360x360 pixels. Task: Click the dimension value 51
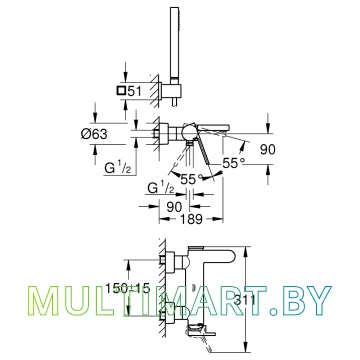pyautogui.click(x=135, y=90)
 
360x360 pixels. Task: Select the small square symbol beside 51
pyautogui.click(x=121, y=90)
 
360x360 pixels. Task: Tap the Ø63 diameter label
pyautogui.click(x=94, y=134)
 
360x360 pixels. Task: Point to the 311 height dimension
pyautogui.click(x=245, y=301)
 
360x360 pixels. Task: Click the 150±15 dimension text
pyautogui.click(x=128, y=288)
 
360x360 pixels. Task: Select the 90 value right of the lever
pyautogui.click(x=268, y=150)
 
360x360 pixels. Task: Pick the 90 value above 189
pyautogui.click(x=174, y=207)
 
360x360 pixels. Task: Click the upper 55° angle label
pyautogui.click(x=234, y=163)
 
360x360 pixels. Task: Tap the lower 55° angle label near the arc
pyautogui.click(x=192, y=179)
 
